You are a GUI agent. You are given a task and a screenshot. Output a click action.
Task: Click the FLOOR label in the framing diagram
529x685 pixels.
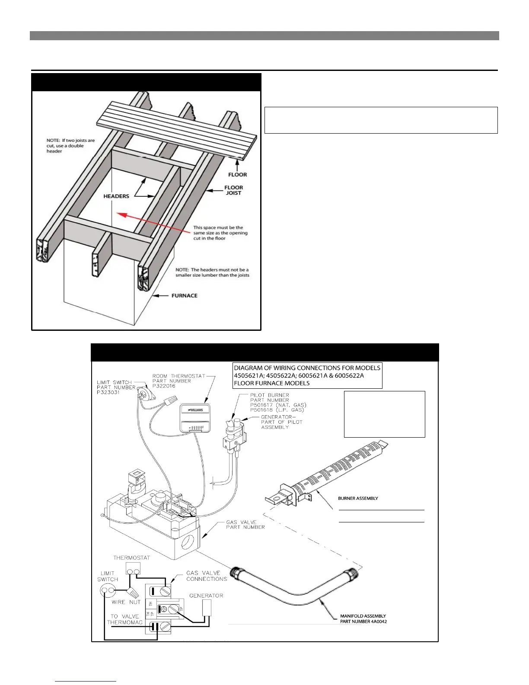(238, 175)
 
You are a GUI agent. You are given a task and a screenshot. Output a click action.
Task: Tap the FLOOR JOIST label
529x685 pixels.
(233, 190)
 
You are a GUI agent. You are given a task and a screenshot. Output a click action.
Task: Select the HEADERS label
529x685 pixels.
(116, 196)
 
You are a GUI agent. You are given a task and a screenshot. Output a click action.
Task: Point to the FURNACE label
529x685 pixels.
(185, 296)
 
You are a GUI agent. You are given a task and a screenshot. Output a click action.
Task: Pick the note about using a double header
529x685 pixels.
(70, 146)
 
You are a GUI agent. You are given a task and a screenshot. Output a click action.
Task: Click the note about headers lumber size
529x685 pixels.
(212, 272)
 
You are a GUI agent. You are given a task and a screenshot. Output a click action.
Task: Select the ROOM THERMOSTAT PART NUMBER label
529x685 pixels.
(178, 378)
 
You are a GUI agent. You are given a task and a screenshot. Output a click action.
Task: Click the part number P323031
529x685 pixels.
(108, 392)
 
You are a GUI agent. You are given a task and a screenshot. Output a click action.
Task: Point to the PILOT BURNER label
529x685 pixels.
(270, 395)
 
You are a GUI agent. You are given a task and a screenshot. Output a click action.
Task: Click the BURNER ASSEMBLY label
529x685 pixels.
(358, 498)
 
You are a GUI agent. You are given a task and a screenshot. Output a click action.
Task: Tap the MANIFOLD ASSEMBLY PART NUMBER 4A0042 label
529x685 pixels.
(363, 619)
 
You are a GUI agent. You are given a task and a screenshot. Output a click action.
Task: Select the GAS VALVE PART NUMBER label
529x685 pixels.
(245, 525)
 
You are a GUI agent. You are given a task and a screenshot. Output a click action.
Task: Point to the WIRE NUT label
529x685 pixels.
(126, 602)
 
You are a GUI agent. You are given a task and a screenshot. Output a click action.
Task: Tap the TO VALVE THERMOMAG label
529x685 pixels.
(124, 619)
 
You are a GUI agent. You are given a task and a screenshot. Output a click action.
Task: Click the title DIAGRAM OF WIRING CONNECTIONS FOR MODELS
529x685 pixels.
(307, 368)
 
